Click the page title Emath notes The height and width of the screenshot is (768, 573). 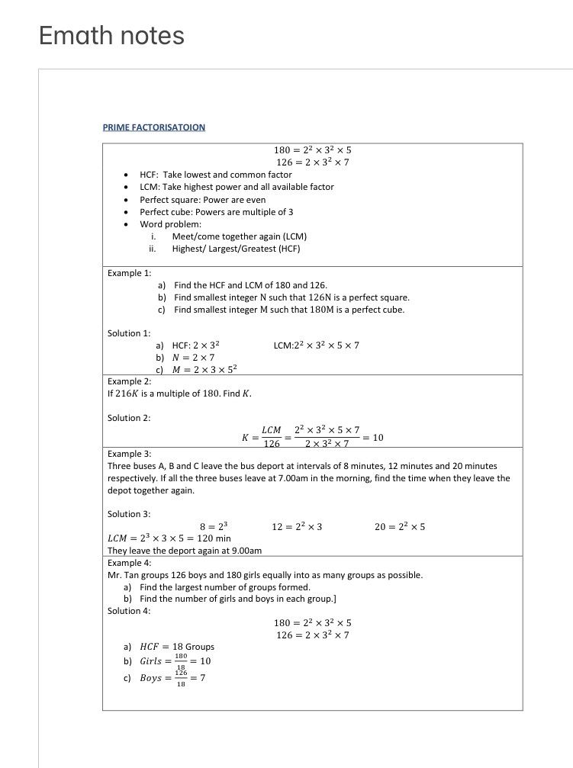[x=111, y=36]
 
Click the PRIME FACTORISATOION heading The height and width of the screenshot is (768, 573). [x=153, y=127]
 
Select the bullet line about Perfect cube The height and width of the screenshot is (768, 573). [x=216, y=212]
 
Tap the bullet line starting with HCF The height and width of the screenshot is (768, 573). [x=215, y=175]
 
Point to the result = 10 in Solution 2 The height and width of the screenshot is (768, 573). [x=373, y=438]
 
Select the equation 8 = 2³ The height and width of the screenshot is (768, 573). [x=214, y=527]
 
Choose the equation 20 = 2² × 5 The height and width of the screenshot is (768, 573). [x=400, y=527]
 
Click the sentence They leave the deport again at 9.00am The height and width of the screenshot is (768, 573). [x=185, y=551]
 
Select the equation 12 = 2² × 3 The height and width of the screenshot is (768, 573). [x=297, y=527]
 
